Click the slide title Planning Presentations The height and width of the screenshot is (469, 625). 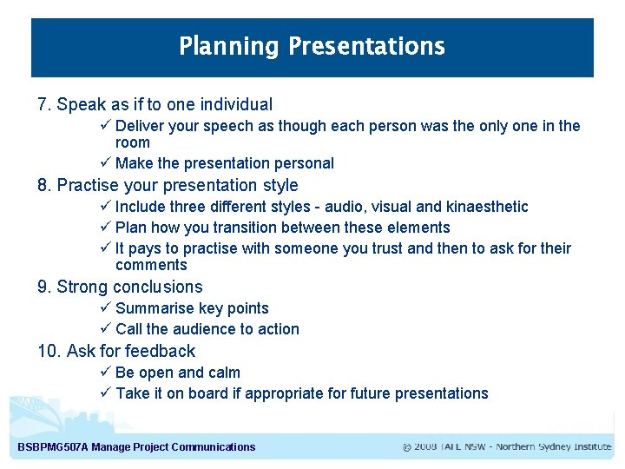tap(312, 46)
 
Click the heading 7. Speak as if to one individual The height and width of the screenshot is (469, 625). tap(155, 105)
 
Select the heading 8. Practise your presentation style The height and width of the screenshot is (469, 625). tap(168, 185)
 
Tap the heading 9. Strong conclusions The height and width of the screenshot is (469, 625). tap(120, 287)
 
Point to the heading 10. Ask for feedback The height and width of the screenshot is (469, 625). tap(116, 351)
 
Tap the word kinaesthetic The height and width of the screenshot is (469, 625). tap(486, 207)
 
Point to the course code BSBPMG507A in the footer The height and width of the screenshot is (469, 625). tap(53, 447)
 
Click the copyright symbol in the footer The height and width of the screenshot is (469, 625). tap(406, 447)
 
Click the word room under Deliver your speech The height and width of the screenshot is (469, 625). tap(133, 142)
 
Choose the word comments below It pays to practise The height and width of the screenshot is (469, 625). tap(151, 266)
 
